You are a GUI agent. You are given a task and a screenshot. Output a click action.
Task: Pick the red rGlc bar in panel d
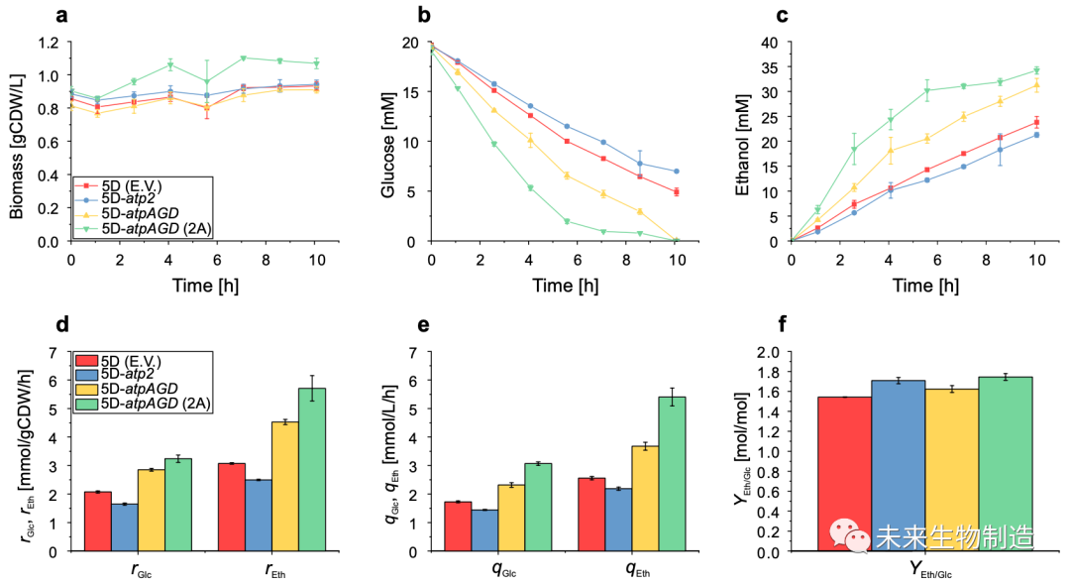pos(97,521)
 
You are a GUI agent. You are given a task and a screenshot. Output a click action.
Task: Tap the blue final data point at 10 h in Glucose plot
pos(676,172)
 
